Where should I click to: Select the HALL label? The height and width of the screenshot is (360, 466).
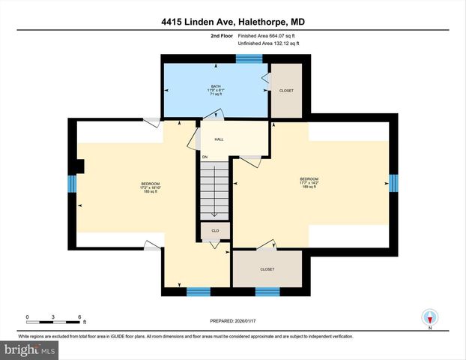pos(219,139)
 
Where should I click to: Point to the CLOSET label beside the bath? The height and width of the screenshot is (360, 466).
pos(286,91)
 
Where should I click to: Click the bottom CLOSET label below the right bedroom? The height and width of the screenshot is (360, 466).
pos(267,269)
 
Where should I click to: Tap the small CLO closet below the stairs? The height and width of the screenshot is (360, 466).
pos(214,231)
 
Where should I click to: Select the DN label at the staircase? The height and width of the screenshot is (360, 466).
pos(204,157)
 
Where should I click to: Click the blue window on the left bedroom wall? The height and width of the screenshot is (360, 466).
pos(73,184)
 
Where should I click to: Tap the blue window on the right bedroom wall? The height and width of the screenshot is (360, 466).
pos(393,183)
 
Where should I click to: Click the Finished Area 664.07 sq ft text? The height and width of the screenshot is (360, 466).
pos(268,34)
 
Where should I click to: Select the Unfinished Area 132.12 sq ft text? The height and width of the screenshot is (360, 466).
pos(268,43)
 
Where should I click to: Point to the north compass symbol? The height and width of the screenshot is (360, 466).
pos(430,318)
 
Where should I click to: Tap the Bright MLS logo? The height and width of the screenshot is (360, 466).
pos(30,349)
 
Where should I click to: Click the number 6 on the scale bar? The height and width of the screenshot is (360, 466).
pos(79,316)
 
